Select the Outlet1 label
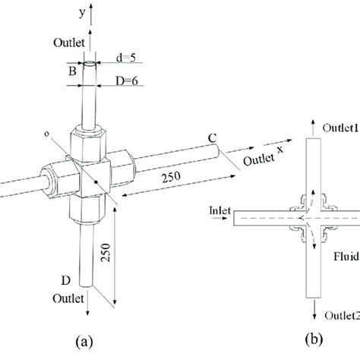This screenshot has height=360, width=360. click(333, 125)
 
